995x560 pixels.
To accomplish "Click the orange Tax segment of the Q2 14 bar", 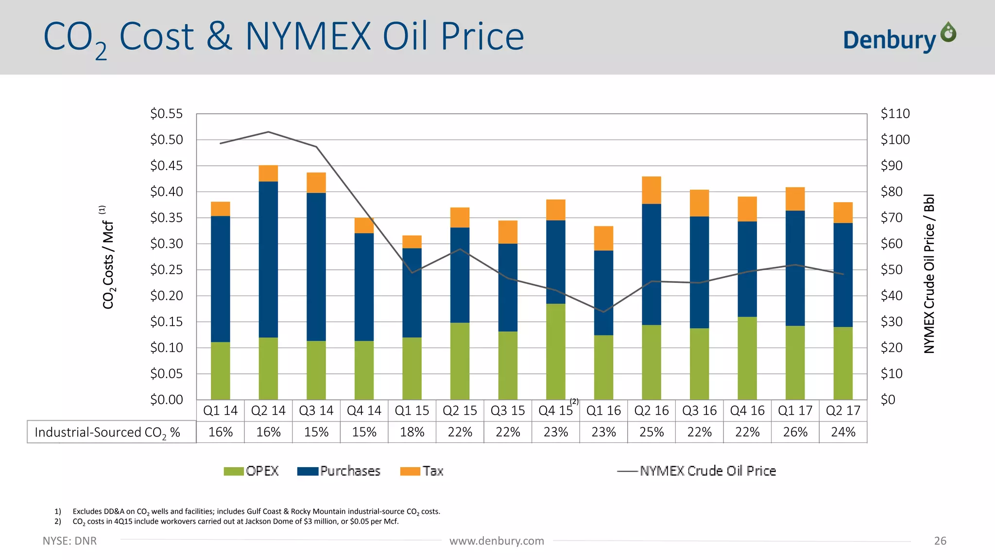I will coord(268,174).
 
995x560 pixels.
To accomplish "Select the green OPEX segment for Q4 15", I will coord(555,351).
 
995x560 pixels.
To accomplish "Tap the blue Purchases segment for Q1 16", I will coord(603,293).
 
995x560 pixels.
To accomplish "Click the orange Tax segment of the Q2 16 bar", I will coord(651,190).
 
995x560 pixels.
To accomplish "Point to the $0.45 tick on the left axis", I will coord(166,166).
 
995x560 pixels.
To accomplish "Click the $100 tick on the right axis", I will coord(895,140).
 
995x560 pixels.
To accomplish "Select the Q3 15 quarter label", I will coord(508,411).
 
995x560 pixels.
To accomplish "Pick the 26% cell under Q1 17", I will coord(795,432).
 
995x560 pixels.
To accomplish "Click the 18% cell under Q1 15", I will coord(412,432).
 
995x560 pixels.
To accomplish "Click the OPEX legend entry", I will coord(252,471).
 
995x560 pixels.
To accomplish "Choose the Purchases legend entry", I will coord(339,471).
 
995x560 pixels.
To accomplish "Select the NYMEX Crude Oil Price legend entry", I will coord(697,471).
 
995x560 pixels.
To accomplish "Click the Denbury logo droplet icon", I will coord(948,33).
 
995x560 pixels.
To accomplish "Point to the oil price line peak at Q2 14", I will coord(268,132).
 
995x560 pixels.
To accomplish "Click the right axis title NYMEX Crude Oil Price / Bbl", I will coord(929,274).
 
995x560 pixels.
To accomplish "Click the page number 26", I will coord(940,541).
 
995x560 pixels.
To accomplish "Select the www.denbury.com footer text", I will coord(497,541).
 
